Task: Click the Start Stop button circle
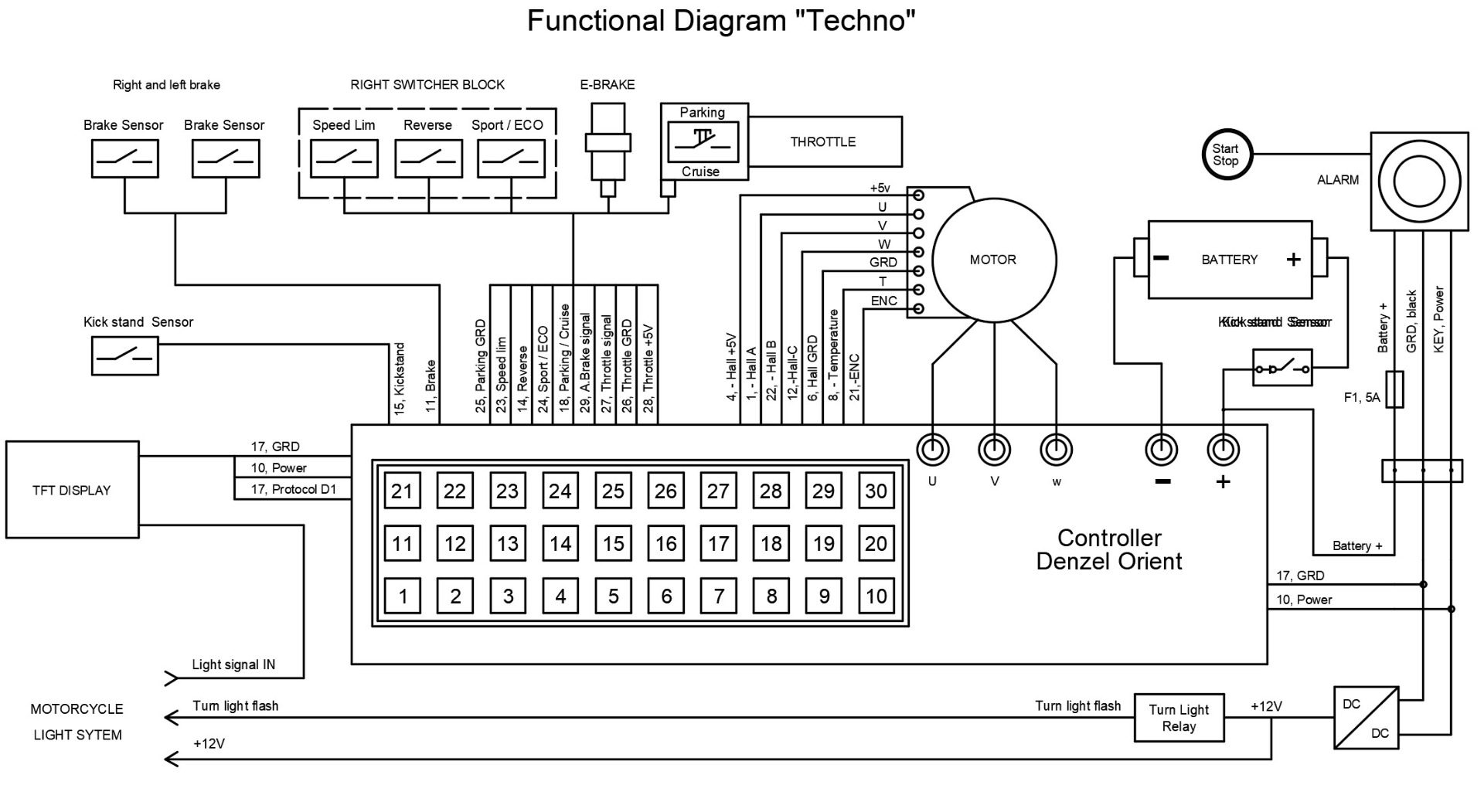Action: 1225,155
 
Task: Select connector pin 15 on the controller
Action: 613,543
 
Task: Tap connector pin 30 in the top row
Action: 876,491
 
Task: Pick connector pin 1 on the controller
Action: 403,596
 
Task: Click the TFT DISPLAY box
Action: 72,490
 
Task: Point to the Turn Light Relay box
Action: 1179,718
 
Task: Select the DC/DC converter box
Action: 1366,718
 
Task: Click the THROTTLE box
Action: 824,141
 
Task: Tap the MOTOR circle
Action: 993,260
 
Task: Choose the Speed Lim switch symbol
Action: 344,158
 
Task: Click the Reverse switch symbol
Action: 428,158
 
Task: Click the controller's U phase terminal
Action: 932,449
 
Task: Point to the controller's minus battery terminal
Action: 1161,449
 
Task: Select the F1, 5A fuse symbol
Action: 1395,389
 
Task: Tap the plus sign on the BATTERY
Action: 1293,260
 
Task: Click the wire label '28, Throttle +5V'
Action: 648,368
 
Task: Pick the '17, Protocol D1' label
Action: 293,489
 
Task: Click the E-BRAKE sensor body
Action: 608,142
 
